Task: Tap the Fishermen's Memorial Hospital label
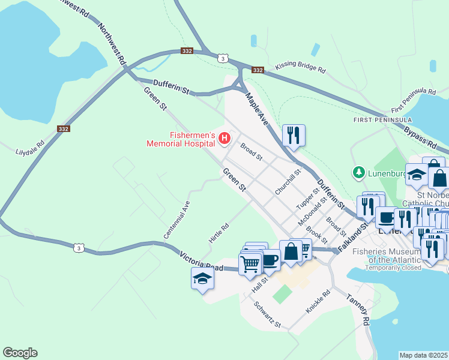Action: point(181,139)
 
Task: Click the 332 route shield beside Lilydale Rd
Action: point(64,129)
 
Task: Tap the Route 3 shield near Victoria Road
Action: point(77,247)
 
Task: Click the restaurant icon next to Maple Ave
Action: point(294,136)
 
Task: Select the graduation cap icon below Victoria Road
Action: point(202,278)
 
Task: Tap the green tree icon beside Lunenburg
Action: point(359,173)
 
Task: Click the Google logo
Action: point(20,353)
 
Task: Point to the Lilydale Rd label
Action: point(30,148)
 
